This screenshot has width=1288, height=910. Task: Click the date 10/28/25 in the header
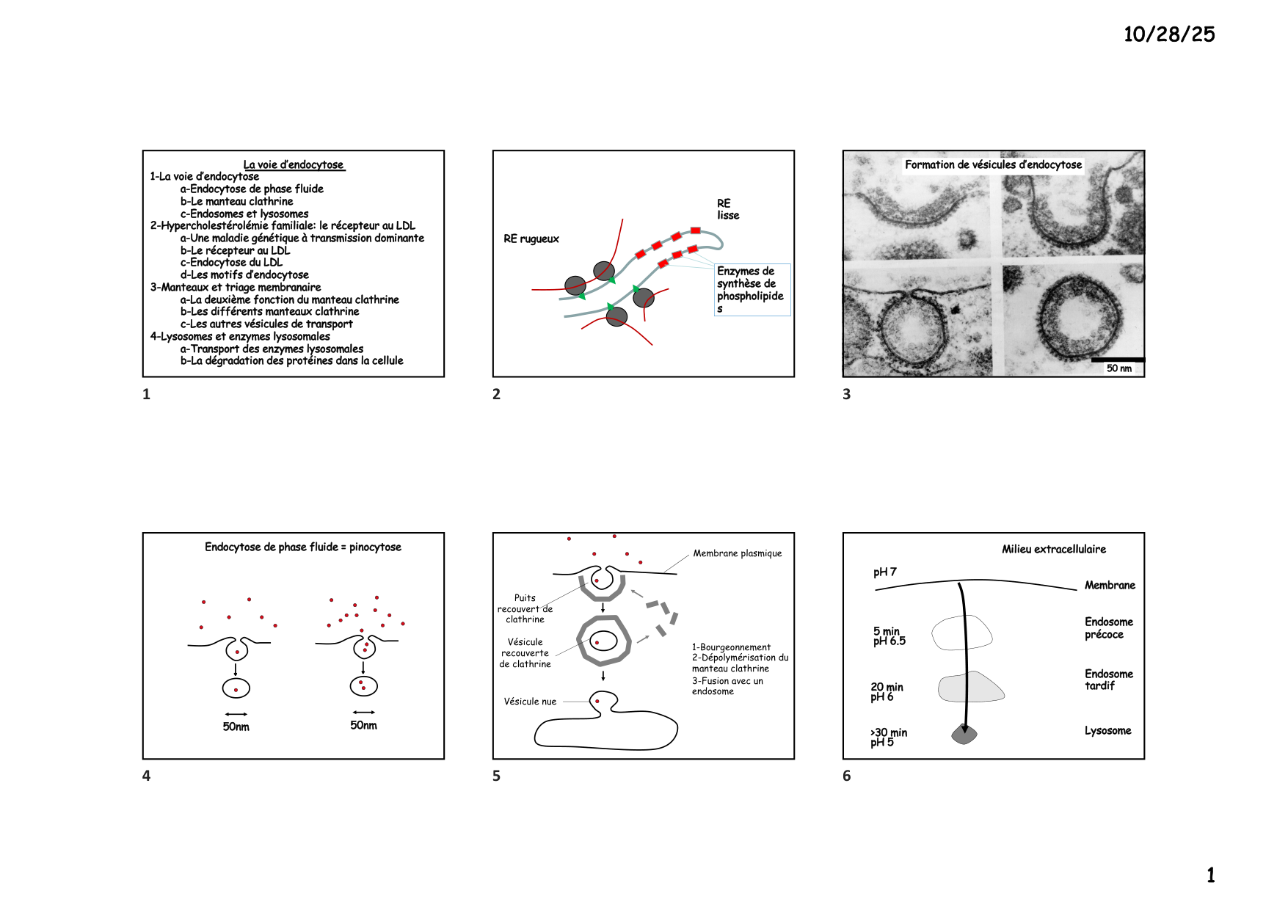pyautogui.click(x=1168, y=34)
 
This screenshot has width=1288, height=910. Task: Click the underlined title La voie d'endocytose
pyautogui.click(x=294, y=165)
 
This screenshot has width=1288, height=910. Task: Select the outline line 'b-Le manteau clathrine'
pyautogui.click(x=236, y=201)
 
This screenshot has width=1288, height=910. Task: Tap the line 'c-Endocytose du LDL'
pyautogui.click(x=231, y=263)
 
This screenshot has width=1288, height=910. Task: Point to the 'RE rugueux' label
pyautogui.click(x=531, y=239)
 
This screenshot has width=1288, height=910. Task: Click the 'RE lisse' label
pyautogui.click(x=727, y=209)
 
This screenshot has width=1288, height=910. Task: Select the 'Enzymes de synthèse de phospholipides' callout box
pyautogui.click(x=752, y=290)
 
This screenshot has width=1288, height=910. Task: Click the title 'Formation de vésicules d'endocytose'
pyautogui.click(x=993, y=165)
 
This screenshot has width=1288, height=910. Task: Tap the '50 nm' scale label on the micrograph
pyautogui.click(x=1118, y=368)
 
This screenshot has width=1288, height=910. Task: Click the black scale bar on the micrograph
pyautogui.click(x=1117, y=360)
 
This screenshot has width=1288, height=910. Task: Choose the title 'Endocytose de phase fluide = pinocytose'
pyautogui.click(x=302, y=547)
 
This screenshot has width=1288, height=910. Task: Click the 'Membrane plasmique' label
pyautogui.click(x=737, y=553)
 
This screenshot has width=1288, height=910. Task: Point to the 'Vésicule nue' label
pyautogui.click(x=530, y=702)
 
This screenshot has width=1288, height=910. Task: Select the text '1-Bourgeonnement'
pyautogui.click(x=731, y=647)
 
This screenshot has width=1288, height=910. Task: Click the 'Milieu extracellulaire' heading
pyautogui.click(x=1053, y=549)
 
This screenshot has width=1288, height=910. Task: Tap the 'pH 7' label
pyautogui.click(x=884, y=572)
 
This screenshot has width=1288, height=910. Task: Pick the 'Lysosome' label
pyautogui.click(x=1107, y=731)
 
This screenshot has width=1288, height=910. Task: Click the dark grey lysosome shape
pyautogui.click(x=964, y=734)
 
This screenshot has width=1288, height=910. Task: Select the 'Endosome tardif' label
pyautogui.click(x=1108, y=680)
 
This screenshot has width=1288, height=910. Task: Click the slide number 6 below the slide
pyautogui.click(x=847, y=776)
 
